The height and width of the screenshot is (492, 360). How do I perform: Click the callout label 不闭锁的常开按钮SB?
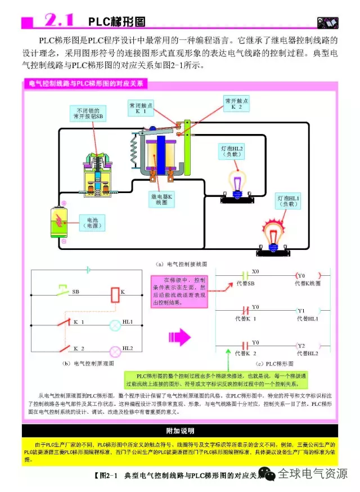coord(88,113)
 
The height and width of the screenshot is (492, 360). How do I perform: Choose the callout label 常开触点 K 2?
coord(236,104)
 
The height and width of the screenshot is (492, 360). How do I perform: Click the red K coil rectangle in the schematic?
coord(114,294)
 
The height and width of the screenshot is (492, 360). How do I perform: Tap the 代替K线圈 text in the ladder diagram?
coord(307,283)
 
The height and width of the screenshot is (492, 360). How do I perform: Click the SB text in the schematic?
coord(75,292)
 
